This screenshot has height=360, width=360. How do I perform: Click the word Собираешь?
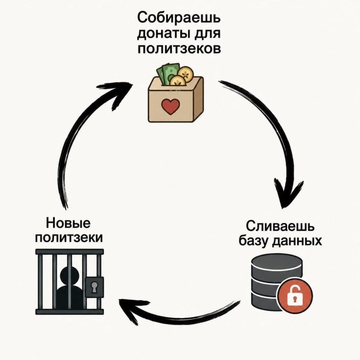tap(179, 18)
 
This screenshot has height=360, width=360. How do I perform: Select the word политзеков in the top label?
tap(179, 49)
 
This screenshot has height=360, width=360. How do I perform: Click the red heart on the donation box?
tap(170, 107)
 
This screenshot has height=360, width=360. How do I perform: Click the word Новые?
tap(68, 223)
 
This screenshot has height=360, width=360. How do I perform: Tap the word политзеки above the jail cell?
tap(69, 238)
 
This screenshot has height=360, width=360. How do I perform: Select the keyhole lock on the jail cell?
tap(94, 287)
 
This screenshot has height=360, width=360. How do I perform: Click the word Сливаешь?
tap(280, 226)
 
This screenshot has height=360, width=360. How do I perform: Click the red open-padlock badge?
tap(295, 295)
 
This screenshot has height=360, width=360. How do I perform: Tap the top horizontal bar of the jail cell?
tap(70, 252)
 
